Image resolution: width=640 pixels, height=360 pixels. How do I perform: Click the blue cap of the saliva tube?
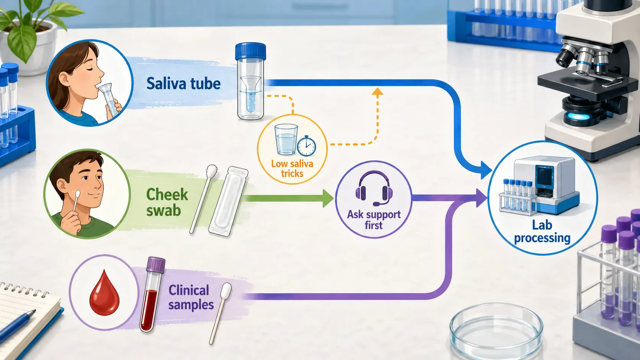tap(250, 51)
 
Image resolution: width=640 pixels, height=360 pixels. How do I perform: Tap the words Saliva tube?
tap(183, 84)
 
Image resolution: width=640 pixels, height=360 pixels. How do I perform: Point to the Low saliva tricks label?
tap(292, 169)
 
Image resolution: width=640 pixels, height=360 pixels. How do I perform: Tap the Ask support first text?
tap(374, 220)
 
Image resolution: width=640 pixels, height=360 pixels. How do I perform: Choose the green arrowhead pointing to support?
tap(328, 198)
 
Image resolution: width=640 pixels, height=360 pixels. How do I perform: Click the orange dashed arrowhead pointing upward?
tap(377, 92)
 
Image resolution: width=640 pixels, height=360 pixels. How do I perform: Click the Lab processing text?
tap(542, 231)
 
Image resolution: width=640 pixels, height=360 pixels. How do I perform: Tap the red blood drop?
tap(104, 293)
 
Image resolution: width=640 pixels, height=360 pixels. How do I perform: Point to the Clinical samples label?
tap(191, 297)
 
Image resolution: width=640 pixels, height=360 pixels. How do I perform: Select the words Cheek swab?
tap(167, 202)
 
